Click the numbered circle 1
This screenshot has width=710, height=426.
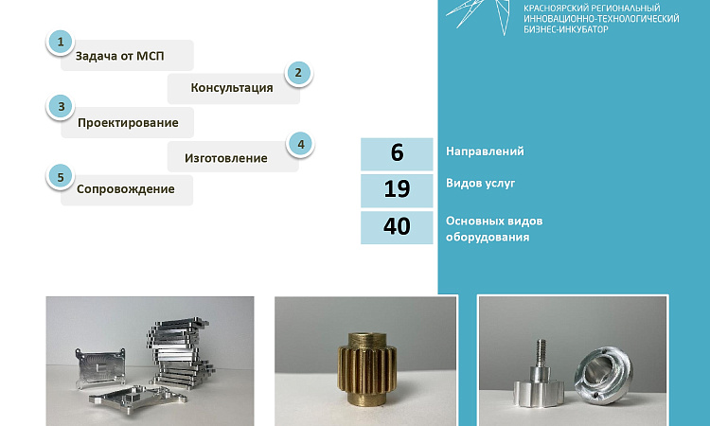click(61, 42)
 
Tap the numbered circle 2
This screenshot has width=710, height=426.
click(298, 73)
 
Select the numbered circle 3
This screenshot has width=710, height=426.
click(62, 107)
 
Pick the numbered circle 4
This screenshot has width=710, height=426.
click(301, 145)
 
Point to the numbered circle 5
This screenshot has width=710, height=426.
click(61, 177)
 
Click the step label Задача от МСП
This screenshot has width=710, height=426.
click(119, 56)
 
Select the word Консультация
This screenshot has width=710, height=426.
click(232, 88)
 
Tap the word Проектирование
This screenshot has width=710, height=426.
click(128, 123)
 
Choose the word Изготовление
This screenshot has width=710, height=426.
click(226, 158)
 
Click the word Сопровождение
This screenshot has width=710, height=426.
click(125, 189)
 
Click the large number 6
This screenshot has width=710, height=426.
click(397, 152)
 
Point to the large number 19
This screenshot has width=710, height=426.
click(397, 188)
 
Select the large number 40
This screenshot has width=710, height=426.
click(397, 226)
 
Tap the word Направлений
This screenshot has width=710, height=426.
click(485, 151)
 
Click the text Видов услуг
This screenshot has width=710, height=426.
click(480, 184)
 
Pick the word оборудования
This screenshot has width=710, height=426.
click(488, 238)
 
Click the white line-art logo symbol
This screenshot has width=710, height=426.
click(479, 15)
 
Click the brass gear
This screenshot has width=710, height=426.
click(366, 369)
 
